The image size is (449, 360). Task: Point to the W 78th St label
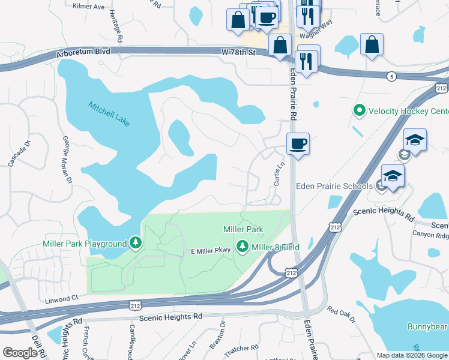[x=238, y=53]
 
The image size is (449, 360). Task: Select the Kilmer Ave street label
[x=88, y=7]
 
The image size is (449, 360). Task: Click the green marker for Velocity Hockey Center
[x=359, y=111]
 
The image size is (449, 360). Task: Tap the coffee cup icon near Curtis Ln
[x=298, y=144]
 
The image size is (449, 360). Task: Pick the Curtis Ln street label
[x=279, y=173]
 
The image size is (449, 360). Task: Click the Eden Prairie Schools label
[x=334, y=186]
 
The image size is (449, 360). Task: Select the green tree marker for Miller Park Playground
[x=136, y=243]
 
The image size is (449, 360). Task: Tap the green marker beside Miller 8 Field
[x=243, y=245]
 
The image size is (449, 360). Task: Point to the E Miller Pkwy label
[x=211, y=251]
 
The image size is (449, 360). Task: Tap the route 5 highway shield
[x=391, y=76]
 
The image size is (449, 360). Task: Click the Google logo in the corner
[x=19, y=353]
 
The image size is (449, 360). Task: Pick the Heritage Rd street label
[x=120, y=29]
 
